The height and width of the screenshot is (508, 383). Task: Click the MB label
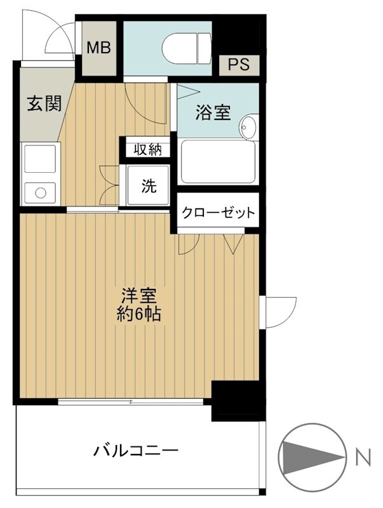click(x=98, y=48)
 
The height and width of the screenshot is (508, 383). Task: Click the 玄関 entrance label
click(x=44, y=104)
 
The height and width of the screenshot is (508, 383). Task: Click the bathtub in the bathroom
click(x=218, y=162)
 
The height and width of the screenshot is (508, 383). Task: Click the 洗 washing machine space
click(x=148, y=185)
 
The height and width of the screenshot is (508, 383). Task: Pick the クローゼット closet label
click(x=218, y=212)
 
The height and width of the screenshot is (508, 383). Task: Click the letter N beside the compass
click(x=363, y=456)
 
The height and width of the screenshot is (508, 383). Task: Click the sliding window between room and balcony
click(x=130, y=401)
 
